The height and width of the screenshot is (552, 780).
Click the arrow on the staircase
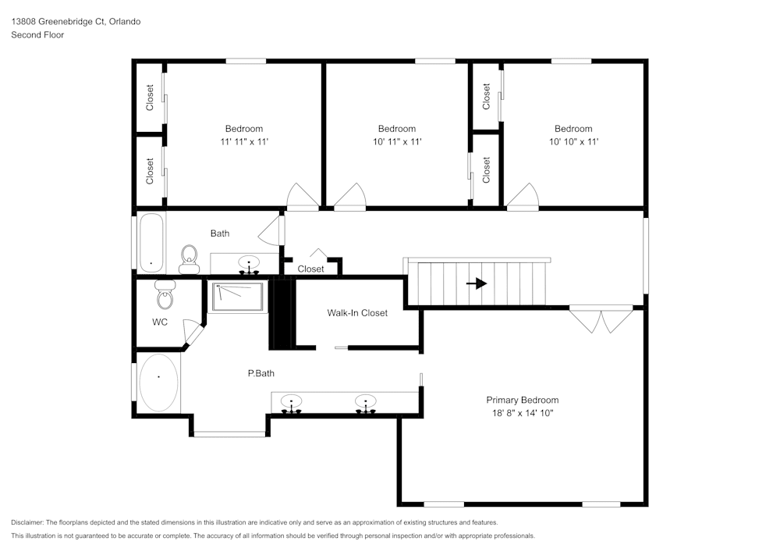(x=477, y=283)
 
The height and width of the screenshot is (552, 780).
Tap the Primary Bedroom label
(x=522, y=400)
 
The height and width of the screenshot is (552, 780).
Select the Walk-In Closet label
(x=356, y=313)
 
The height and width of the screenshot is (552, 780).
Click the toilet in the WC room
(x=165, y=296)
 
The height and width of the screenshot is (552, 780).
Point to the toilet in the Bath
(x=189, y=258)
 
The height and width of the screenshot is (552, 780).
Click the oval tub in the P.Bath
(x=158, y=383)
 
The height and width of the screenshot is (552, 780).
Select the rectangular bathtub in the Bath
(x=151, y=242)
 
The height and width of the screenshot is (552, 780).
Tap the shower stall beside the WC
(x=238, y=297)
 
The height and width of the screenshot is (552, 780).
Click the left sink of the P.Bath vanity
(x=292, y=404)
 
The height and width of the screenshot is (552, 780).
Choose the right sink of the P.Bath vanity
(x=364, y=404)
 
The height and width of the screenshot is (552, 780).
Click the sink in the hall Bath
(x=249, y=265)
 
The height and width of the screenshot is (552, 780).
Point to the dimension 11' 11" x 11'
(x=244, y=141)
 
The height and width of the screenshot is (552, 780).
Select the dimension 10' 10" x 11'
(x=573, y=141)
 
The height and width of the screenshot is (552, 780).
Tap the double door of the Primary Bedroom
(x=601, y=318)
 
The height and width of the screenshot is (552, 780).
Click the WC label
(x=160, y=322)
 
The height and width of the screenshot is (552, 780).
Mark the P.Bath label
(x=261, y=373)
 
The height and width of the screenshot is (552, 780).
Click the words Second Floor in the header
(x=37, y=35)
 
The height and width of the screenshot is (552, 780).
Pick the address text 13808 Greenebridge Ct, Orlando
(x=76, y=22)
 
